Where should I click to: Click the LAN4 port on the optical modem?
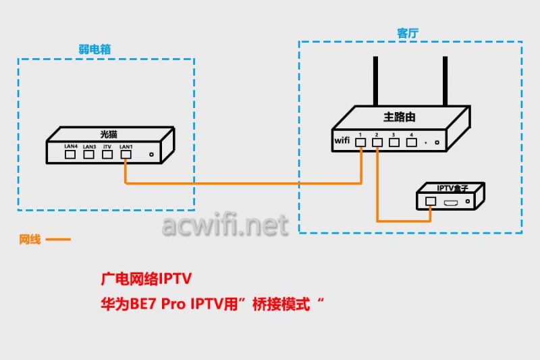[x=70, y=154]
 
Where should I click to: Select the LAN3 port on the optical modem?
[x=89, y=154]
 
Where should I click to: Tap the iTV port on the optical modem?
[x=107, y=154]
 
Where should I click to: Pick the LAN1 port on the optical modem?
[x=126, y=154]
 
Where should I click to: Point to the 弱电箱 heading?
[x=94, y=49]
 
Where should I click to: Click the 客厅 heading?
[x=408, y=32]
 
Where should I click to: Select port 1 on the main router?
[x=362, y=142]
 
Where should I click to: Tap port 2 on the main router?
[x=378, y=142]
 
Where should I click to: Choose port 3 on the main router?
[x=394, y=142]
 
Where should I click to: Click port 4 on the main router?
[x=410, y=142]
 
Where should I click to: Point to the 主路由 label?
[x=399, y=117]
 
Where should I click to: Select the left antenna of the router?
[x=376, y=81]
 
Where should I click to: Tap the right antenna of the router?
[x=445, y=81]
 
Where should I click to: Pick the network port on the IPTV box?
[x=430, y=201]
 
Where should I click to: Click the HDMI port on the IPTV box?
[x=451, y=202]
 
